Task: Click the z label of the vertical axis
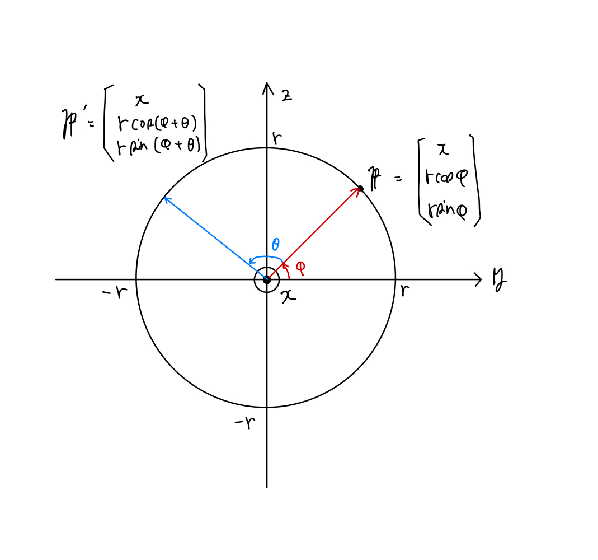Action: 286,96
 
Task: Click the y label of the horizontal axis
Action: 499,278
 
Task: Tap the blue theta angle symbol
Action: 275,245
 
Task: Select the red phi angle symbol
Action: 300,267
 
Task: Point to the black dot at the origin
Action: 267,279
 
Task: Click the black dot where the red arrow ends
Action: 360,188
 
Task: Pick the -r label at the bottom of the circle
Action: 244,423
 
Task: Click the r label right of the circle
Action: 404,291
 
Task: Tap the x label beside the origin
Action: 288,296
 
